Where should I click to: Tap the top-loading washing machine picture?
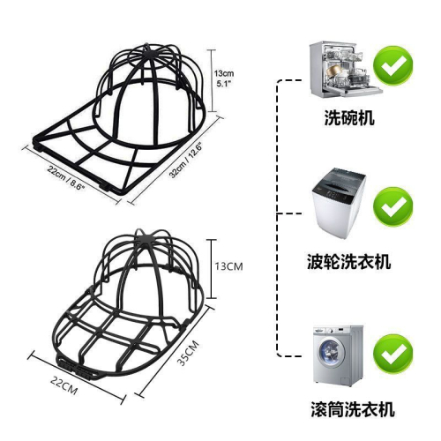click(338, 204)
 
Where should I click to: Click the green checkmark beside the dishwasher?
click(393, 65)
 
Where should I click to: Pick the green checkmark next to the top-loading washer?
click(393, 207)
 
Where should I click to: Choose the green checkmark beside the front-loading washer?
click(393, 354)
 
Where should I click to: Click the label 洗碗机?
click(349, 118)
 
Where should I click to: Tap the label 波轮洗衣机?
click(349, 261)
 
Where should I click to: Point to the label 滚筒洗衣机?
click(353, 408)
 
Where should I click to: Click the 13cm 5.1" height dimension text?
click(224, 78)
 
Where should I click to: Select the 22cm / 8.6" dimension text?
click(66, 177)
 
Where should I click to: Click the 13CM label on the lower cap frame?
click(228, 266)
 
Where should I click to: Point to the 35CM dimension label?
click(188, 353)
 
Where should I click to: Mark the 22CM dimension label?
click(64, 386)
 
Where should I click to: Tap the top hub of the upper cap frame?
click(147, 55)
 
